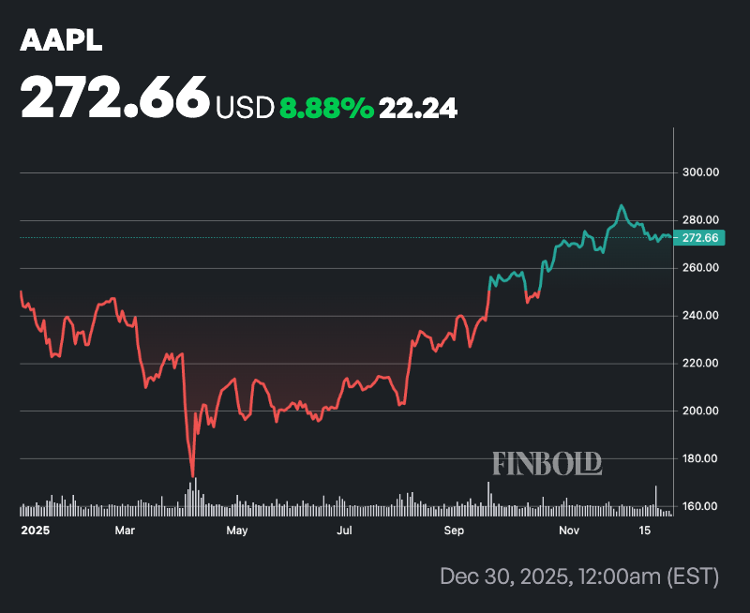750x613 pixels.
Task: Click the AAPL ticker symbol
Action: [x=62, y=40]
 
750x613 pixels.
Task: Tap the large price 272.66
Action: [x=115, y=97]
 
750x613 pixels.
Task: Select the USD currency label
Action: [x=245, y=109]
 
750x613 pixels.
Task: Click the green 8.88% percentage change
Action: [x=326, y=109]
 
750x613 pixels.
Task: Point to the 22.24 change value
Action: [x=417, y=109]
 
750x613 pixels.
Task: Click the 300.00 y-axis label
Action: [x=699, y=172]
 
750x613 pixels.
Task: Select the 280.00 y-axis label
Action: [x=699, y=220]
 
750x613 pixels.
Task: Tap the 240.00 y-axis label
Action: [x=699, y=316]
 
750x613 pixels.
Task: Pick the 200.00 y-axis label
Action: [x=699, y=411]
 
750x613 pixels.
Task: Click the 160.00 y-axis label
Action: [x=699, y=507]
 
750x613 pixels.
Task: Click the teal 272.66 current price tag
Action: [x=699, y=238]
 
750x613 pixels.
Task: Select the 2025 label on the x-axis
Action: [x=35, y=531]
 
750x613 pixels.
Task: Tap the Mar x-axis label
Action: [x=124, y=531]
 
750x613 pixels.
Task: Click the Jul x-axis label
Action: [x=345, y=531]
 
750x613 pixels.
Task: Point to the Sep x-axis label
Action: [x=455, y=531]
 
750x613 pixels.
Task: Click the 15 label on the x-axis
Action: [x=644, y=531]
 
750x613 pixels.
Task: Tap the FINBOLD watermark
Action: [x=547, y=463]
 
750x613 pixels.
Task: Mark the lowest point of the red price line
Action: [x=192, y=476]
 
